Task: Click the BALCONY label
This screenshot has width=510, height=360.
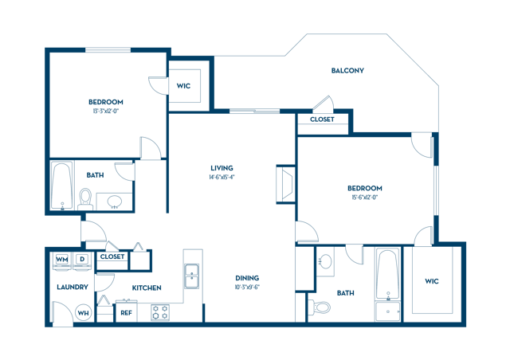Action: pyautogui.click(x=347, y=70)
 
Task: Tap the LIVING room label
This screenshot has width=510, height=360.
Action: pyautogui.click(x=222, y=168)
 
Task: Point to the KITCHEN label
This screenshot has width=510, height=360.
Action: pyautogui.click(x=147, y=288)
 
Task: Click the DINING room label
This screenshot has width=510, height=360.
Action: pyautogui.click(x=246, y=279)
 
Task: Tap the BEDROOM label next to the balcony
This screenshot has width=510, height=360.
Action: pyautogui.click(x=364, y=188)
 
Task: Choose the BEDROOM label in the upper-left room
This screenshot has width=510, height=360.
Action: pyautogui.click(x=105, y=102)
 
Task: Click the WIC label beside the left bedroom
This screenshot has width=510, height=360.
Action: pyautogui.click(x=183, y=85)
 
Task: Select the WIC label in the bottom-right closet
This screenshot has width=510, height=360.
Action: pyautogui.click(x=431, y=281)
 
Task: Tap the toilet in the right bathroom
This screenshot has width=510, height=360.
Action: pyautogui.click(x=321, y=306)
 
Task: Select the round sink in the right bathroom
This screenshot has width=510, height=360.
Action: pyautogui.click(x=325, y=262)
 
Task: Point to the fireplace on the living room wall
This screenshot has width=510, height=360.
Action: pyautogui.click(x=285, y=184)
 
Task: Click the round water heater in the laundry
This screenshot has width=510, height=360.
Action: pyautogui.click(x=82, y=313)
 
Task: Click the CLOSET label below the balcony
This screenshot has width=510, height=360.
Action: pyautogui.click(x=322, y=118)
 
